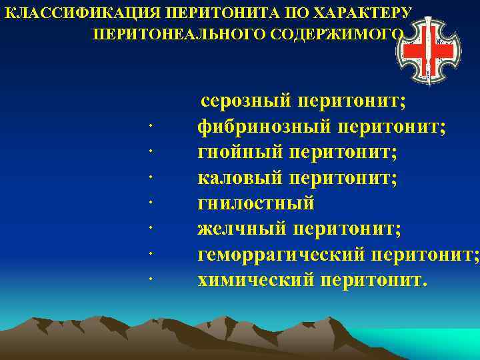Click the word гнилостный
(x=256, y=203)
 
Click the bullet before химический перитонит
(x=153, y=280)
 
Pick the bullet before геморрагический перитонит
(x=153, y=255)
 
